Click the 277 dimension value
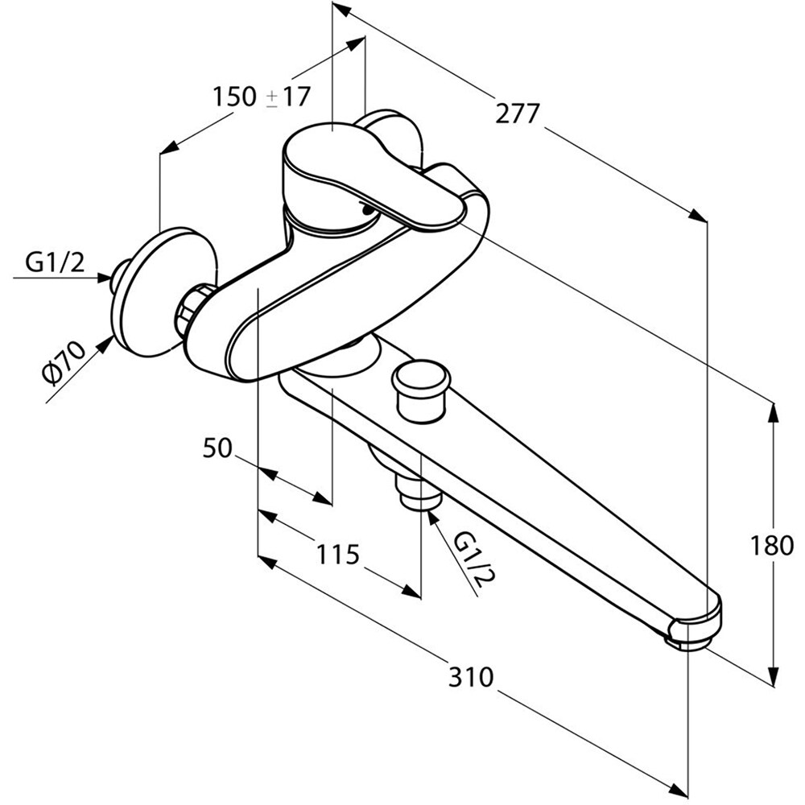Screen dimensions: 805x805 tap(518, 114)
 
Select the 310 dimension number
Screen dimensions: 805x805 tap(471, 677)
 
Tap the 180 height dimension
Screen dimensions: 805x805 tap(772, 546)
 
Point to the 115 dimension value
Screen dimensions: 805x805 tap(337, 555)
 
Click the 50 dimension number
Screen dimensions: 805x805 tap(217, 448)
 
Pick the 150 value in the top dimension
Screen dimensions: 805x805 tap(234, 97)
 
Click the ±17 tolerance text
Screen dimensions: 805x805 tap(288, 97)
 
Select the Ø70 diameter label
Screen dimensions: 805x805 tap(64, 363)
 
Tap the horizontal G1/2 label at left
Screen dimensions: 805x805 tap(55, 263)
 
